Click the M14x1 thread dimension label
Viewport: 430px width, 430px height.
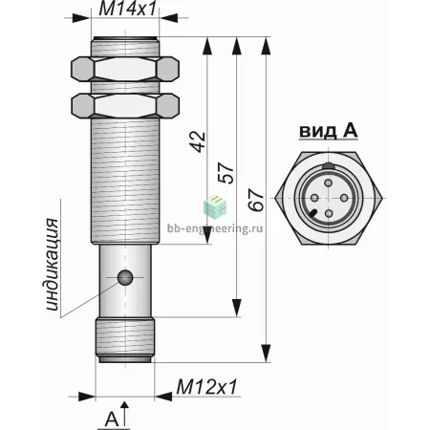click(x=128, y=9)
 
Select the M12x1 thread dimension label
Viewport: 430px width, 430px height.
click(x=207, y=387)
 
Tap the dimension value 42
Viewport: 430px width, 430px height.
click(x=198, y=141)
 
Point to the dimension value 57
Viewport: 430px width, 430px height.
click(x=226, y=173)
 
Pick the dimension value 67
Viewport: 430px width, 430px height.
click(x=256, y=201)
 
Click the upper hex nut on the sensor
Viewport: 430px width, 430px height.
click(x=125, y=69)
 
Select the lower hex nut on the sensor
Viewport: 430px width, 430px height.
click(x=125, y=106)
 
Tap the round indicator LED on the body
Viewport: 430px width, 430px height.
click(x=125, y=277)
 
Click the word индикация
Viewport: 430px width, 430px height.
click(x=53, y=265)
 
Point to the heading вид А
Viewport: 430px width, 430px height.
click(x=329, y=131)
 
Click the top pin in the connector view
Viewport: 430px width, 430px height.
click(x=329, y=183)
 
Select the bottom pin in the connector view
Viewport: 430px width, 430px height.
click(x=329, y=213)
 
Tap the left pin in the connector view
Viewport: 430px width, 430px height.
click(x=313, y=198)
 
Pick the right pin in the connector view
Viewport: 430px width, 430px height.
click(x=344, y=198)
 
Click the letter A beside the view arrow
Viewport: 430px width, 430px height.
click(x=112, y=419)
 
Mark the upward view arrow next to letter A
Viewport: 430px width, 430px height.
click(x=125, y=414)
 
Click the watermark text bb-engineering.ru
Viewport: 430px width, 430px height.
click(x=215, y=228)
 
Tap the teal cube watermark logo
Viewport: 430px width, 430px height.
click(x=215, y=206)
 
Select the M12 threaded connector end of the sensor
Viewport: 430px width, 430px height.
click(x=125, y=340)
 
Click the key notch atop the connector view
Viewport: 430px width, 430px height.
click(x=329, y=166)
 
